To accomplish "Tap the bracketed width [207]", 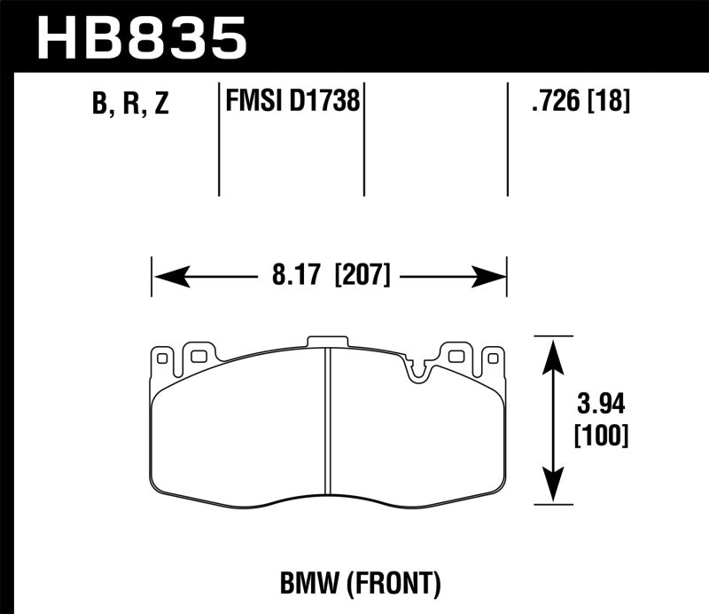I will click(362, 276).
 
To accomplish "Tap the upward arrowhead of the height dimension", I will click(554, 350).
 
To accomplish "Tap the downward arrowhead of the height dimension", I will click(554, 492).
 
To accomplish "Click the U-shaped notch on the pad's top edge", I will click(416, 370).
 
